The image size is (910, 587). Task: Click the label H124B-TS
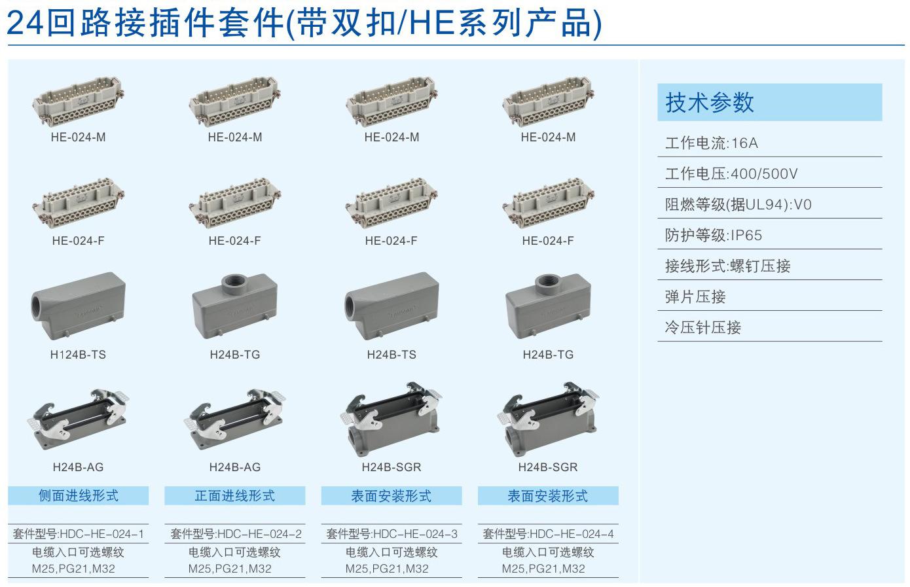point(78,355)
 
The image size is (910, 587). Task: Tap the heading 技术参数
point(709,102)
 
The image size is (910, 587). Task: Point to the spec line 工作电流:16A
point(712,143)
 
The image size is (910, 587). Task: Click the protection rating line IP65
point(714,235)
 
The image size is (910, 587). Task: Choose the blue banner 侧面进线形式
point(79,495)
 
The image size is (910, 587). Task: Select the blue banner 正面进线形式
point(235,495)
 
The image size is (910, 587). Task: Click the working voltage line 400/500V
point(731,174)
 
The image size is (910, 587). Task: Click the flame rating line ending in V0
point(738,204)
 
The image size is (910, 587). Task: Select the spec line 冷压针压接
point(703,327)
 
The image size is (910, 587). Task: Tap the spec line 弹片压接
point(695,296)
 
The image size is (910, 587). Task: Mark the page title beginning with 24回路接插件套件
point(304,23)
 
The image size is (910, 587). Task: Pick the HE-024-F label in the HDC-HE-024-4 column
point(548,241)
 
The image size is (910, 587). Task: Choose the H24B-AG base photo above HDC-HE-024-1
point(78,419)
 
